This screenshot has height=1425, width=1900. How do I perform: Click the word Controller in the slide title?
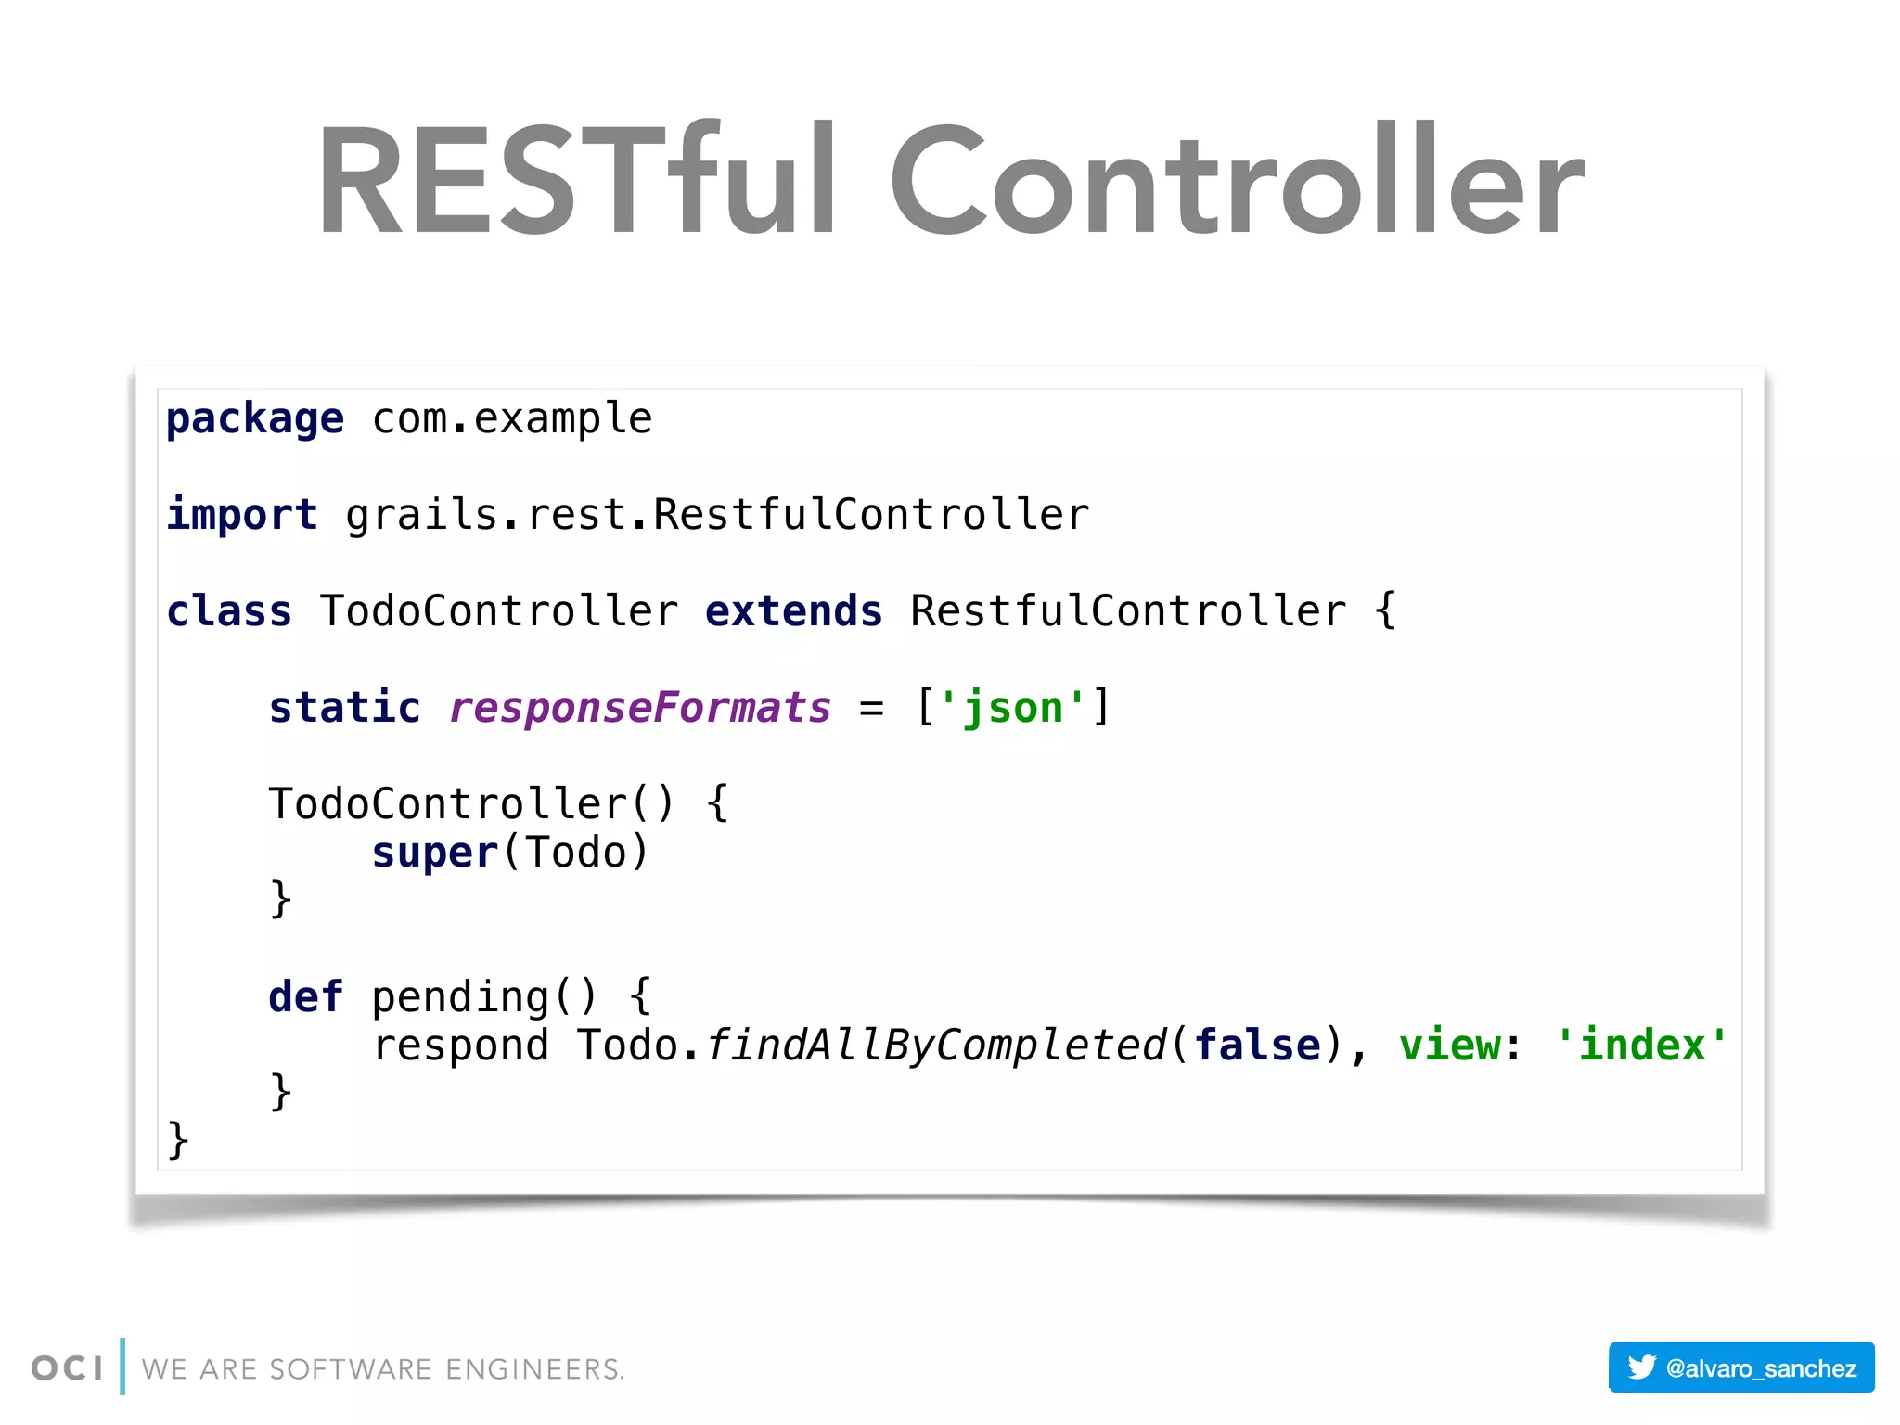click(x=1238, y=181)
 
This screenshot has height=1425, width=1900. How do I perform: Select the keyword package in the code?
click(x=255, y=419)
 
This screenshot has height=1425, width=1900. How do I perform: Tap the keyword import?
click(x=242, y=515)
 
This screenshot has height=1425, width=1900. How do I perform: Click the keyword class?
click(x=229, y=611)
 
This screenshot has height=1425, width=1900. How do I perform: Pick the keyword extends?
click(x=793, y=611)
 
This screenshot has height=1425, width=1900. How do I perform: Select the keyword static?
click(x=344, y=708)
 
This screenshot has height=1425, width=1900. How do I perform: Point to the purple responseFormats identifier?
click(x=640, y=708)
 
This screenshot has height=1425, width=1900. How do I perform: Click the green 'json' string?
click(x=1012, y=708)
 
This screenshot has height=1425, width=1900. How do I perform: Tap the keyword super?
click(x=434, y=853)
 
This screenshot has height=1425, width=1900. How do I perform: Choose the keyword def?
click(x=305, y=997)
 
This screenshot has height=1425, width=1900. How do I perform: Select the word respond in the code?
click(x=461, y=1046)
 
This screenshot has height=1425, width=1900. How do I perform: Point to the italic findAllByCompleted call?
click(x=935, y=1046)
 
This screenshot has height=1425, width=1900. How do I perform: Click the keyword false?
click(x=1257, y=1046)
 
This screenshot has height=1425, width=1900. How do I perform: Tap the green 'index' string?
click(x=1641, y=1046)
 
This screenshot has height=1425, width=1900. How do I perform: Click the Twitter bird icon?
click(x=1641, y=1367)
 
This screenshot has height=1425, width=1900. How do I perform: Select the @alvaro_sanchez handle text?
click(x=1761, y=1368)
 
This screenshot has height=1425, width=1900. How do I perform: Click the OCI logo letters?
click(x=67, y=1368)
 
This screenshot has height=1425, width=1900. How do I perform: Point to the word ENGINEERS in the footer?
click(x=534, y=1369)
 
